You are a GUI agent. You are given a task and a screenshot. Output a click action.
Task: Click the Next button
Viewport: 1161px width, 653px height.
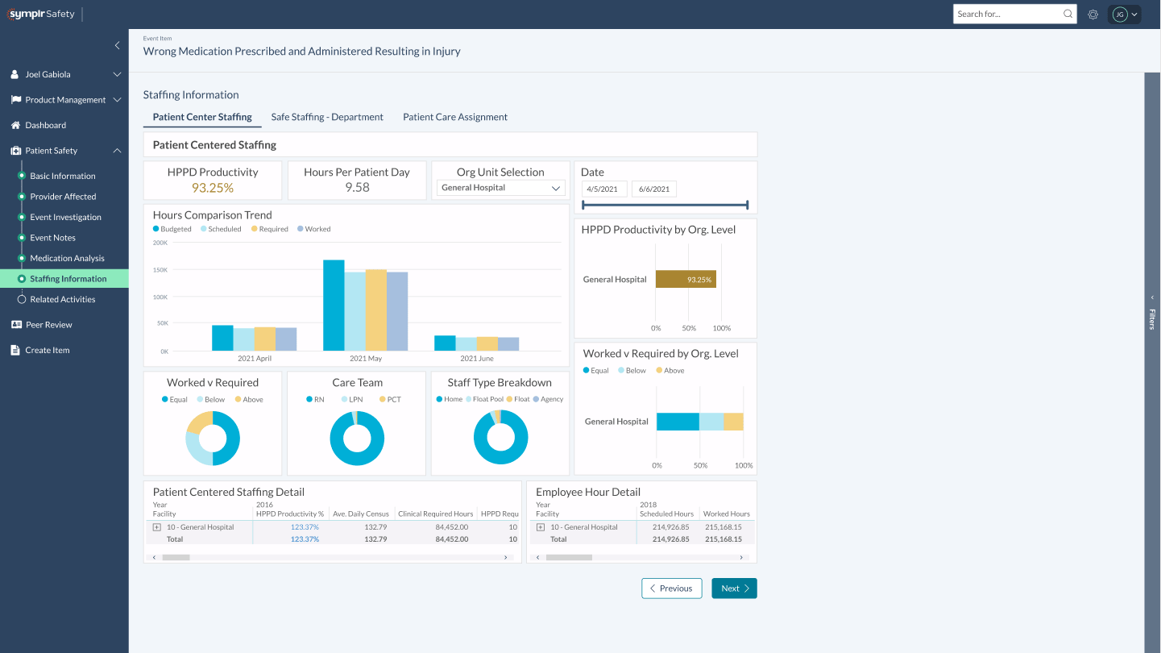tap(734, 589)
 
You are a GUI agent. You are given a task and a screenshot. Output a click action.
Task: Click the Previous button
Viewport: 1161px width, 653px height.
tap(671, 589)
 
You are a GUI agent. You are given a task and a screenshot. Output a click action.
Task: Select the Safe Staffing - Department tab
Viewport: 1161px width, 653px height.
tap(327, 117)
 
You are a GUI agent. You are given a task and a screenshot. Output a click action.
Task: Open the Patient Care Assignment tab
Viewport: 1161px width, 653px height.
tap(455, 117)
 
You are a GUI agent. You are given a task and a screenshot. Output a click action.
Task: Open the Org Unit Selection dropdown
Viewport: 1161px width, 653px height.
tap(500, 188)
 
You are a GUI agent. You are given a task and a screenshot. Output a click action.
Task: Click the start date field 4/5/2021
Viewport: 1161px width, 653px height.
tap(603, 189)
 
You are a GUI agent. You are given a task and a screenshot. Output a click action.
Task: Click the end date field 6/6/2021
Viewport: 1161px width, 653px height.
tap(653, 189)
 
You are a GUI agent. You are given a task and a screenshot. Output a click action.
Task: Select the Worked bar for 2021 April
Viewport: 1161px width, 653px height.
tap(286, 339)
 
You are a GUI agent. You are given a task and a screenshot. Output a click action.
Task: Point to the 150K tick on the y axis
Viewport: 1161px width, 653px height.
tap(160, 269)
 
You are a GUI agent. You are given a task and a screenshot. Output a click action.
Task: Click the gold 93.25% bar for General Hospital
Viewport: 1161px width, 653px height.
tap(686, 280)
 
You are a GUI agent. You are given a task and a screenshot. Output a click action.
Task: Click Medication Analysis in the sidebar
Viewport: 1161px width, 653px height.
tap(67, 258)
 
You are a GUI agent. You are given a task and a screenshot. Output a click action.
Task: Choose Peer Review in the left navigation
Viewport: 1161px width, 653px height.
tap(48, 325)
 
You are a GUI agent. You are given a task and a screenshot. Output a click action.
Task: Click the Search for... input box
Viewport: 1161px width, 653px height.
tap(1008, 14)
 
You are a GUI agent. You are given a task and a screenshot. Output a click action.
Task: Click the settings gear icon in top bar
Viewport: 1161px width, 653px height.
tap(1093, 14)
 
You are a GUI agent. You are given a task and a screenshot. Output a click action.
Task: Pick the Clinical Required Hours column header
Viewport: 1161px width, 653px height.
tap(435, 514)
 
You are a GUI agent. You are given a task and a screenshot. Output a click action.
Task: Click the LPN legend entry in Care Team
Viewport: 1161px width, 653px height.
tap(355, 400)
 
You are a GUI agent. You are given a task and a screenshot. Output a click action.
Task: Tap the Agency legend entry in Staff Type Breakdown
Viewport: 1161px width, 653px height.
tap(551, 400)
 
